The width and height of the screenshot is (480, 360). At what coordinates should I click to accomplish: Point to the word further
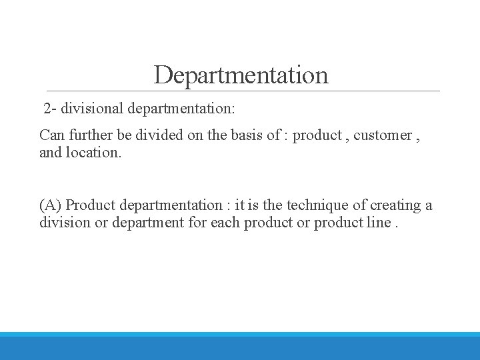pyautogui.click(x=88, y=135)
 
